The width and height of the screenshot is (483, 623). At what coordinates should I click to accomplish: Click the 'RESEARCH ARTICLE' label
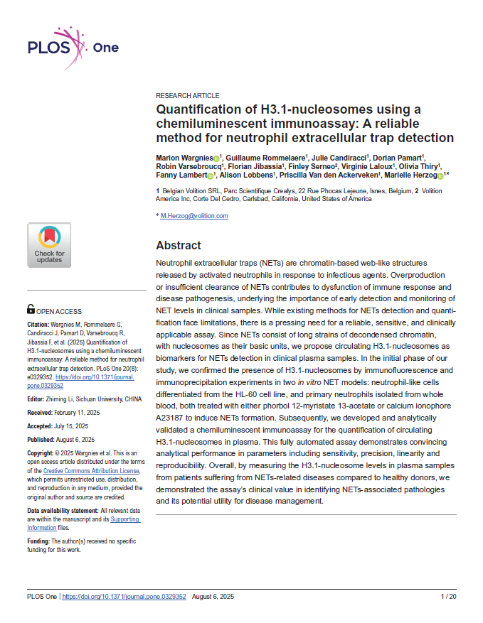click(187, 95)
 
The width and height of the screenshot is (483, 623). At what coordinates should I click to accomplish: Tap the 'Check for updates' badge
click(49, 245)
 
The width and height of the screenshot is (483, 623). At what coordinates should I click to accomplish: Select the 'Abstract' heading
click(179, 245)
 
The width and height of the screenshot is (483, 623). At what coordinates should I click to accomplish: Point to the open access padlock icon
click(31, 310)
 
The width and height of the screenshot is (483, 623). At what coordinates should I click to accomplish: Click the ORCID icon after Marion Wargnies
click(216, 158)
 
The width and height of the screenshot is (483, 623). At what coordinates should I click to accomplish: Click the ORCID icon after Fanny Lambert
click(211, 175)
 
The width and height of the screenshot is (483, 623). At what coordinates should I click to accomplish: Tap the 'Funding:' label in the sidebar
click(39, 541)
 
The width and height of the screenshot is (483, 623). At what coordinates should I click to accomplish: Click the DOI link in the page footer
click(124, 597)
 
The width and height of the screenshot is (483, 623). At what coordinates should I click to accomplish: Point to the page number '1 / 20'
click(448, 597)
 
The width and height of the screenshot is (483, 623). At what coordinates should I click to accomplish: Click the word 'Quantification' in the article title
click(197, 110)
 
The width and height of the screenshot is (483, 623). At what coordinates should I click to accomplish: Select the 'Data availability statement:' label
click(63, 511)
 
